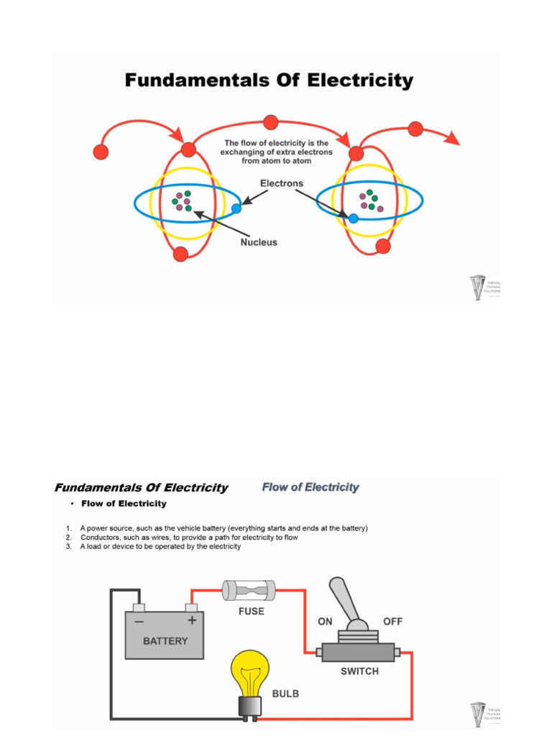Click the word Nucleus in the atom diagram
(258, 242)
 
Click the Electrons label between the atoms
(281, 183)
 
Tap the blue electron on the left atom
(236, 209)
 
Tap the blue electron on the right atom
(354, 218)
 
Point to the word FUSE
(251, 612)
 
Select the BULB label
(285, 694)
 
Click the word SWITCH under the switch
(359, 672)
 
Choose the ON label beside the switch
(326, 621)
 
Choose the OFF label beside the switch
(392, 621)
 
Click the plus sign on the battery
(192, 620)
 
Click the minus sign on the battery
(138, 620)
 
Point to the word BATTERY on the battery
(165, 640)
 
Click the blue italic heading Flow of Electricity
(310, 487)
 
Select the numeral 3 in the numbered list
(68, 546)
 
